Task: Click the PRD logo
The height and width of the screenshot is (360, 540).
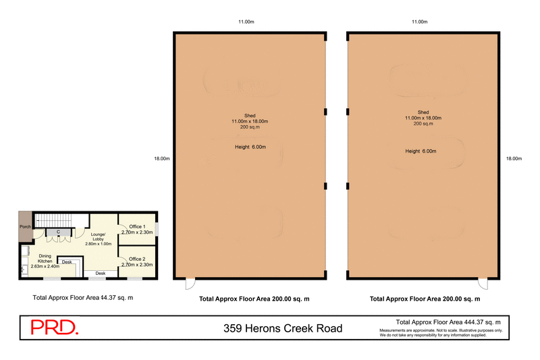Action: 55,328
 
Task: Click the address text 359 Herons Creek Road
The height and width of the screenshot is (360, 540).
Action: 282,329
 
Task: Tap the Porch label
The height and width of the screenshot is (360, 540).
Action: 26,227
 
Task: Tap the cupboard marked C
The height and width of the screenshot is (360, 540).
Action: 59,232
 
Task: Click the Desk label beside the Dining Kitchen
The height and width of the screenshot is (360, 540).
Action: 67,261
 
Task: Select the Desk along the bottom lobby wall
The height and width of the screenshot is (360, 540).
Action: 100,274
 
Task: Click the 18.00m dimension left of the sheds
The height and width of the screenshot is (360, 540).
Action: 161,159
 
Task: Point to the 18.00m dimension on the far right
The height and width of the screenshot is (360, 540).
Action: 514,159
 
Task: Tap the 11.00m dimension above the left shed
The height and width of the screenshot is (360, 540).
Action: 246,22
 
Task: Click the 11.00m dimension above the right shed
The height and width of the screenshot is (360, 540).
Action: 420,22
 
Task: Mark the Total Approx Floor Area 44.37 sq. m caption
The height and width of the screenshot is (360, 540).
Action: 83,297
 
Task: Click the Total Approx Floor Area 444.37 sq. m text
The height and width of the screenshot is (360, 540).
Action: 448,322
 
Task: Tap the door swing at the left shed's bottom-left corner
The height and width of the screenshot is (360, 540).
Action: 189,284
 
